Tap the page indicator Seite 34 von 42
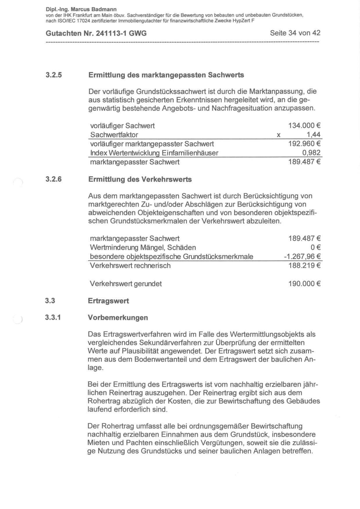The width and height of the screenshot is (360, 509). point(295,33)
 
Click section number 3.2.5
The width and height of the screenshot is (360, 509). point(54,75)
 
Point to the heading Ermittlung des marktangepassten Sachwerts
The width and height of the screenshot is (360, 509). point(166,75)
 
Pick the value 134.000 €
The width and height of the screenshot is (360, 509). point(304,125)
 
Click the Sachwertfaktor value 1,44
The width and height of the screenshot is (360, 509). point(313,134)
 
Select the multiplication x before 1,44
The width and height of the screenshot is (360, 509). point(278,135)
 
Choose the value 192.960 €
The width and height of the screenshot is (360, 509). point(304,143)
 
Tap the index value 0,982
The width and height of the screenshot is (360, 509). point(311,152)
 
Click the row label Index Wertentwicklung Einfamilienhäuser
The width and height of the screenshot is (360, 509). point(154,153)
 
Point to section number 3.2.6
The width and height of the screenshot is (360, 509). point(54,179)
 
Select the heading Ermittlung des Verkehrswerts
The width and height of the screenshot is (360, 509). point(140,179)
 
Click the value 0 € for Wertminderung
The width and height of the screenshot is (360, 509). point(315,247)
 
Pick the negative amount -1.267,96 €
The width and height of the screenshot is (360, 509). point(302,256)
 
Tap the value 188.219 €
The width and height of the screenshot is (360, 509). point(304,265)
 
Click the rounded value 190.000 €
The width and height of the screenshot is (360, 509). point(304,283)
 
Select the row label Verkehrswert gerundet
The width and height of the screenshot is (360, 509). point(126,284)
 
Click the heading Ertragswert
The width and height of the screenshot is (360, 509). point(108,301)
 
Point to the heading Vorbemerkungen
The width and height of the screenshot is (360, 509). point(118,317)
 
